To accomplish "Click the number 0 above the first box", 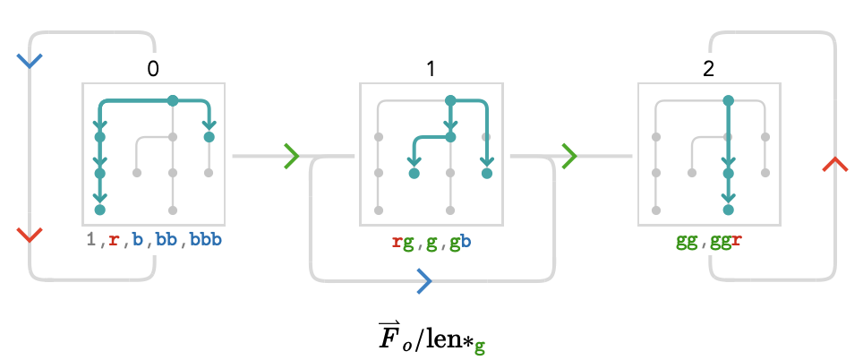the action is pyautogui.click(x=153, y=69).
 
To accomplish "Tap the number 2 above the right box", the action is pyautogui.click(x=708, y=69).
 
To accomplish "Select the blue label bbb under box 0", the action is pyautogui.click(x=206, y=241).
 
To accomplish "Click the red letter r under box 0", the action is pyautogui.click(x=114, y=241).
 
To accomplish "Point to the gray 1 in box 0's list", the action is pyautogui.click(x=91, y=241).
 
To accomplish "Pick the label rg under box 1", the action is pyautogui.click(x=404, y=243).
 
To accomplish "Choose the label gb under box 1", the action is pyautogui.click(x=459, y=243).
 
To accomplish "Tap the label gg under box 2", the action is pyautogui.click(x=687, y=243).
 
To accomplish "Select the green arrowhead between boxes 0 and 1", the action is pyautogui.click(x=292, y=157).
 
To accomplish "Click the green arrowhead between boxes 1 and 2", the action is pyautogui.click(x=569, y=157).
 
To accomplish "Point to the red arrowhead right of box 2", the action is pyautogui.click(x=835, y=164).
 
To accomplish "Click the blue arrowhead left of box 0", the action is pyautogui.click(x=30, y=61).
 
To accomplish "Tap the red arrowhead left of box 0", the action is pyautogui.click(x=30, y=235).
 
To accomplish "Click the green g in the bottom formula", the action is pyautogui.click(x=480, y=347).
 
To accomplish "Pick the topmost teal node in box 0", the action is pyautogui.click(x=173, y=100).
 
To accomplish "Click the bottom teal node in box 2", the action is pyautogui.click(x=728, y=210).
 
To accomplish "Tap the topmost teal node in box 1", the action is pyautogui.click(x=450, y=100).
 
